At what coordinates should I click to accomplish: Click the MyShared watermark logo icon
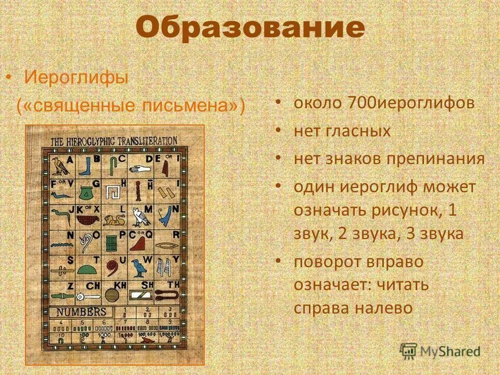[409, 350]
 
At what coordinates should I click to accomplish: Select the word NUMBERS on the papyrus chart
[81, 312]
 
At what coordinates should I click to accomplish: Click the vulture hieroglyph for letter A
[58, 166]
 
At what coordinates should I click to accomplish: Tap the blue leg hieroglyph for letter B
[85, 167]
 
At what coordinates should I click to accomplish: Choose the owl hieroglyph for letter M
[139, 216]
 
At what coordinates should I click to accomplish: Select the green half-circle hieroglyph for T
[86, 269]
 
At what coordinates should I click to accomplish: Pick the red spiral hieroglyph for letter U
[113, 269]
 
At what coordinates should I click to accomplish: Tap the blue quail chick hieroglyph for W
[139, 268]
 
